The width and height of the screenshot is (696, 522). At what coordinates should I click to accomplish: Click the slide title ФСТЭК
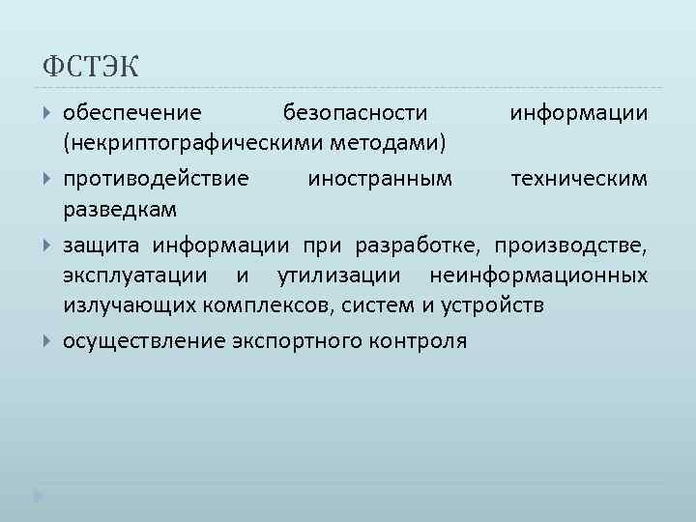[x=92, y=68]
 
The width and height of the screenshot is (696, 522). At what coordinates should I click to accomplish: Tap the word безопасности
[x=354, y=114]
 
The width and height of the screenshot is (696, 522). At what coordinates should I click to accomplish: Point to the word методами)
[x=397, y=144]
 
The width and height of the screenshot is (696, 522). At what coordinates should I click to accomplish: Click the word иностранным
[x=378, y=178]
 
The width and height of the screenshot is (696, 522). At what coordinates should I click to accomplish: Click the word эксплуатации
[x=134, y=275]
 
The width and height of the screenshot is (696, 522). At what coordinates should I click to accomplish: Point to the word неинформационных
[x=538, y=275]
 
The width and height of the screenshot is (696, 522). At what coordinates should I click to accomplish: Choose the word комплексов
[x=256, y=306]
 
